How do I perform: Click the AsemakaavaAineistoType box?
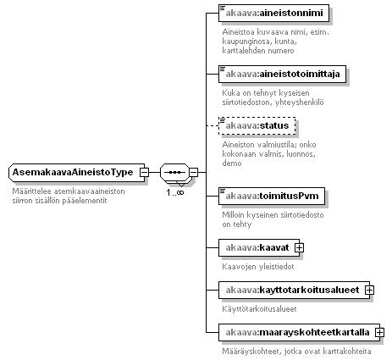pos(77,172)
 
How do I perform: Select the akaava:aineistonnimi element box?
pos(273,13)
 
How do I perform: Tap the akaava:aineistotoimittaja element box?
pos(282,75)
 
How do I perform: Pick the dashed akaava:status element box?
pos(257,125)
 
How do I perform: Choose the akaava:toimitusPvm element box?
pos(272,196)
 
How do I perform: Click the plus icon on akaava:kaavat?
pos(299,247)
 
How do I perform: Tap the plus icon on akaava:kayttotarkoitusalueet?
pos(369,290)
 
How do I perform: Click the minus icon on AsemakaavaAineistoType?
pos(144,172)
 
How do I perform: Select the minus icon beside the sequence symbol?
pos(193,172)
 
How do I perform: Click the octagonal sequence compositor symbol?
pos(175,172)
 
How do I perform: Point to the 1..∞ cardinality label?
pos(175,192)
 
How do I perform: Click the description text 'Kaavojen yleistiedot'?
pos(258,267)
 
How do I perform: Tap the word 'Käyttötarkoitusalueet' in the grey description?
pos(259,309)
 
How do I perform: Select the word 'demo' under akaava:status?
pos(232,163)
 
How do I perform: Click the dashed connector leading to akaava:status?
pos(213,126)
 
